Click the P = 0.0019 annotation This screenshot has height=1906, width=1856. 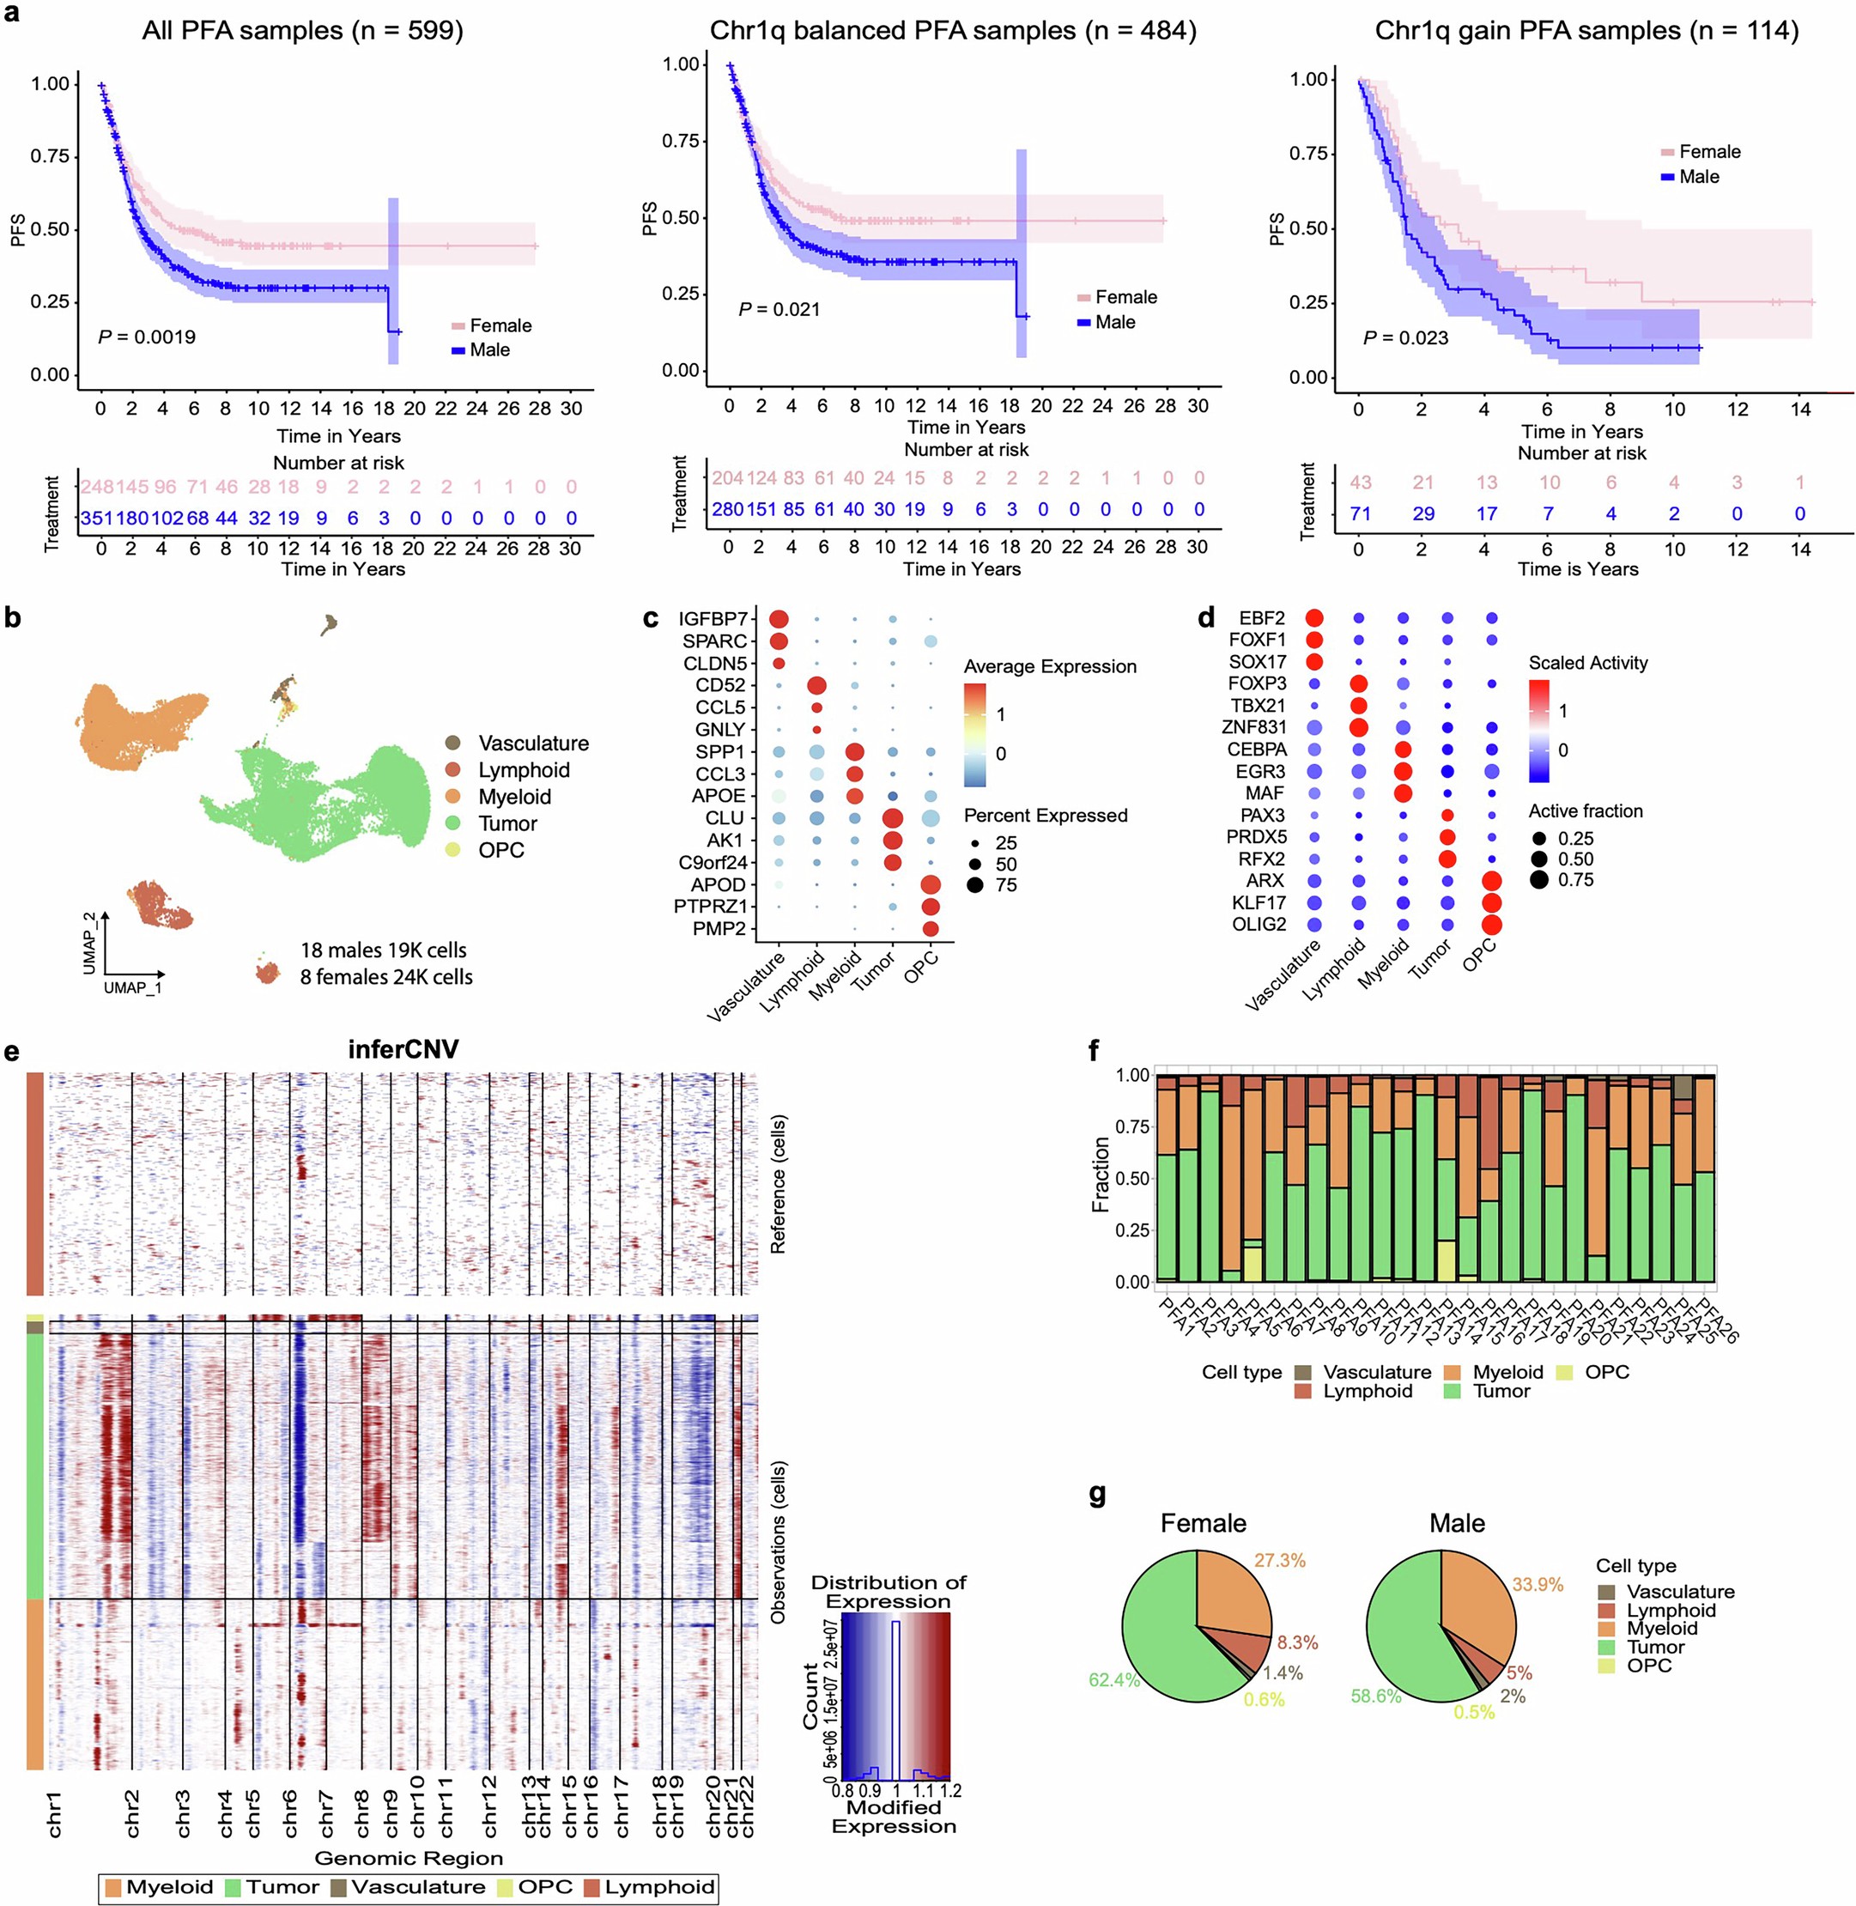(x=146, y=337)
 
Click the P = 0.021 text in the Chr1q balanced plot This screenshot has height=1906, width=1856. (x=779, y=309)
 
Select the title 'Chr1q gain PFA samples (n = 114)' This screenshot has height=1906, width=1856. (x=1586, y=30)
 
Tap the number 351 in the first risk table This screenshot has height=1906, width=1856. (x=96, y=519)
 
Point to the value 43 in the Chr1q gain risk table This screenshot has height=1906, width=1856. (x=1360, y=483)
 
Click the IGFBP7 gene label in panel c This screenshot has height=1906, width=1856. (x=713, y=619)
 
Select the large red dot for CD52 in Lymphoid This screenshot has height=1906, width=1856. (x=817, y=685)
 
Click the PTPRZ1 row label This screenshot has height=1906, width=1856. (x=710, y=907)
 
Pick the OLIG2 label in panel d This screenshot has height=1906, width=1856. (x=1259, y=925)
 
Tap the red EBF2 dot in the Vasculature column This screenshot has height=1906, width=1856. (x=1314, y=618)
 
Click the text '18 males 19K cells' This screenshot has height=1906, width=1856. (x=383, y=950)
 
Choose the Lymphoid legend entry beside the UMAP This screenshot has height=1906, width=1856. (x=524, y=770)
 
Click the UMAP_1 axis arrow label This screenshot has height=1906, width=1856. (x=134, y=987)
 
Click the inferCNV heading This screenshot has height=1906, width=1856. (x=403, y=1049)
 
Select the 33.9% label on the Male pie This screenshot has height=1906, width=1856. (x=1538, y=1584)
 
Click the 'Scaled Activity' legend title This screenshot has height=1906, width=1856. (x=1587, y=663)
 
